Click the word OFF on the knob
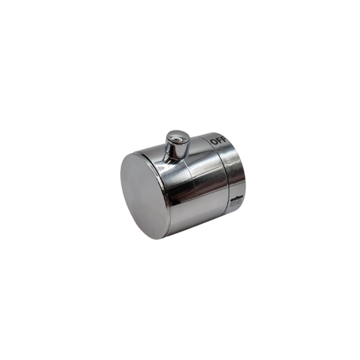click(x=219, y=140)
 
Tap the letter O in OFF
click(x=214, y=142)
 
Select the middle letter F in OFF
click(x=220, y=140)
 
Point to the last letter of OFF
click(x=224, y=139)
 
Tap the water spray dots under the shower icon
click(x=236, y=203)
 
